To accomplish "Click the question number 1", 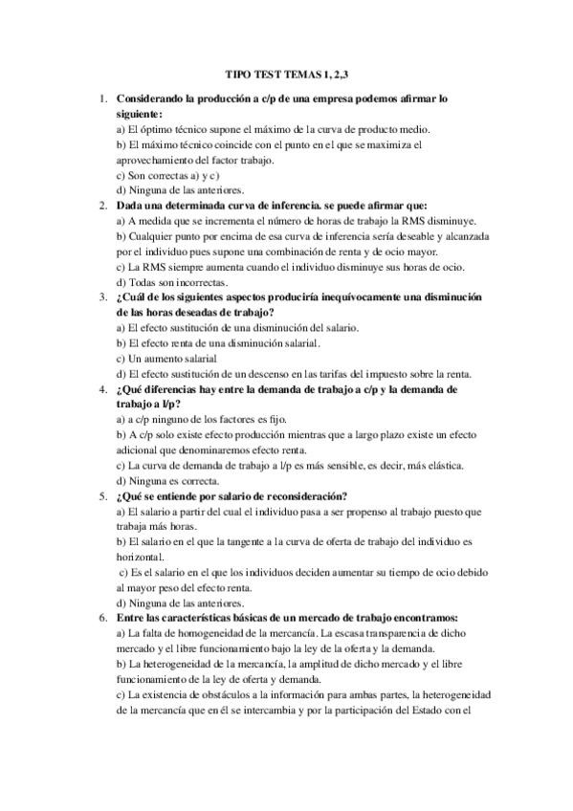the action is [102, 99].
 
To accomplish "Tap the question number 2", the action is [102, 206].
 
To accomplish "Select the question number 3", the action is [102, 297].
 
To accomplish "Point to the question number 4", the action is [102, 389].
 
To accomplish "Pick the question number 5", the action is [102, 496].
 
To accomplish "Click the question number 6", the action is [102, 618].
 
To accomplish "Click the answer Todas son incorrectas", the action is [172, 282].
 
